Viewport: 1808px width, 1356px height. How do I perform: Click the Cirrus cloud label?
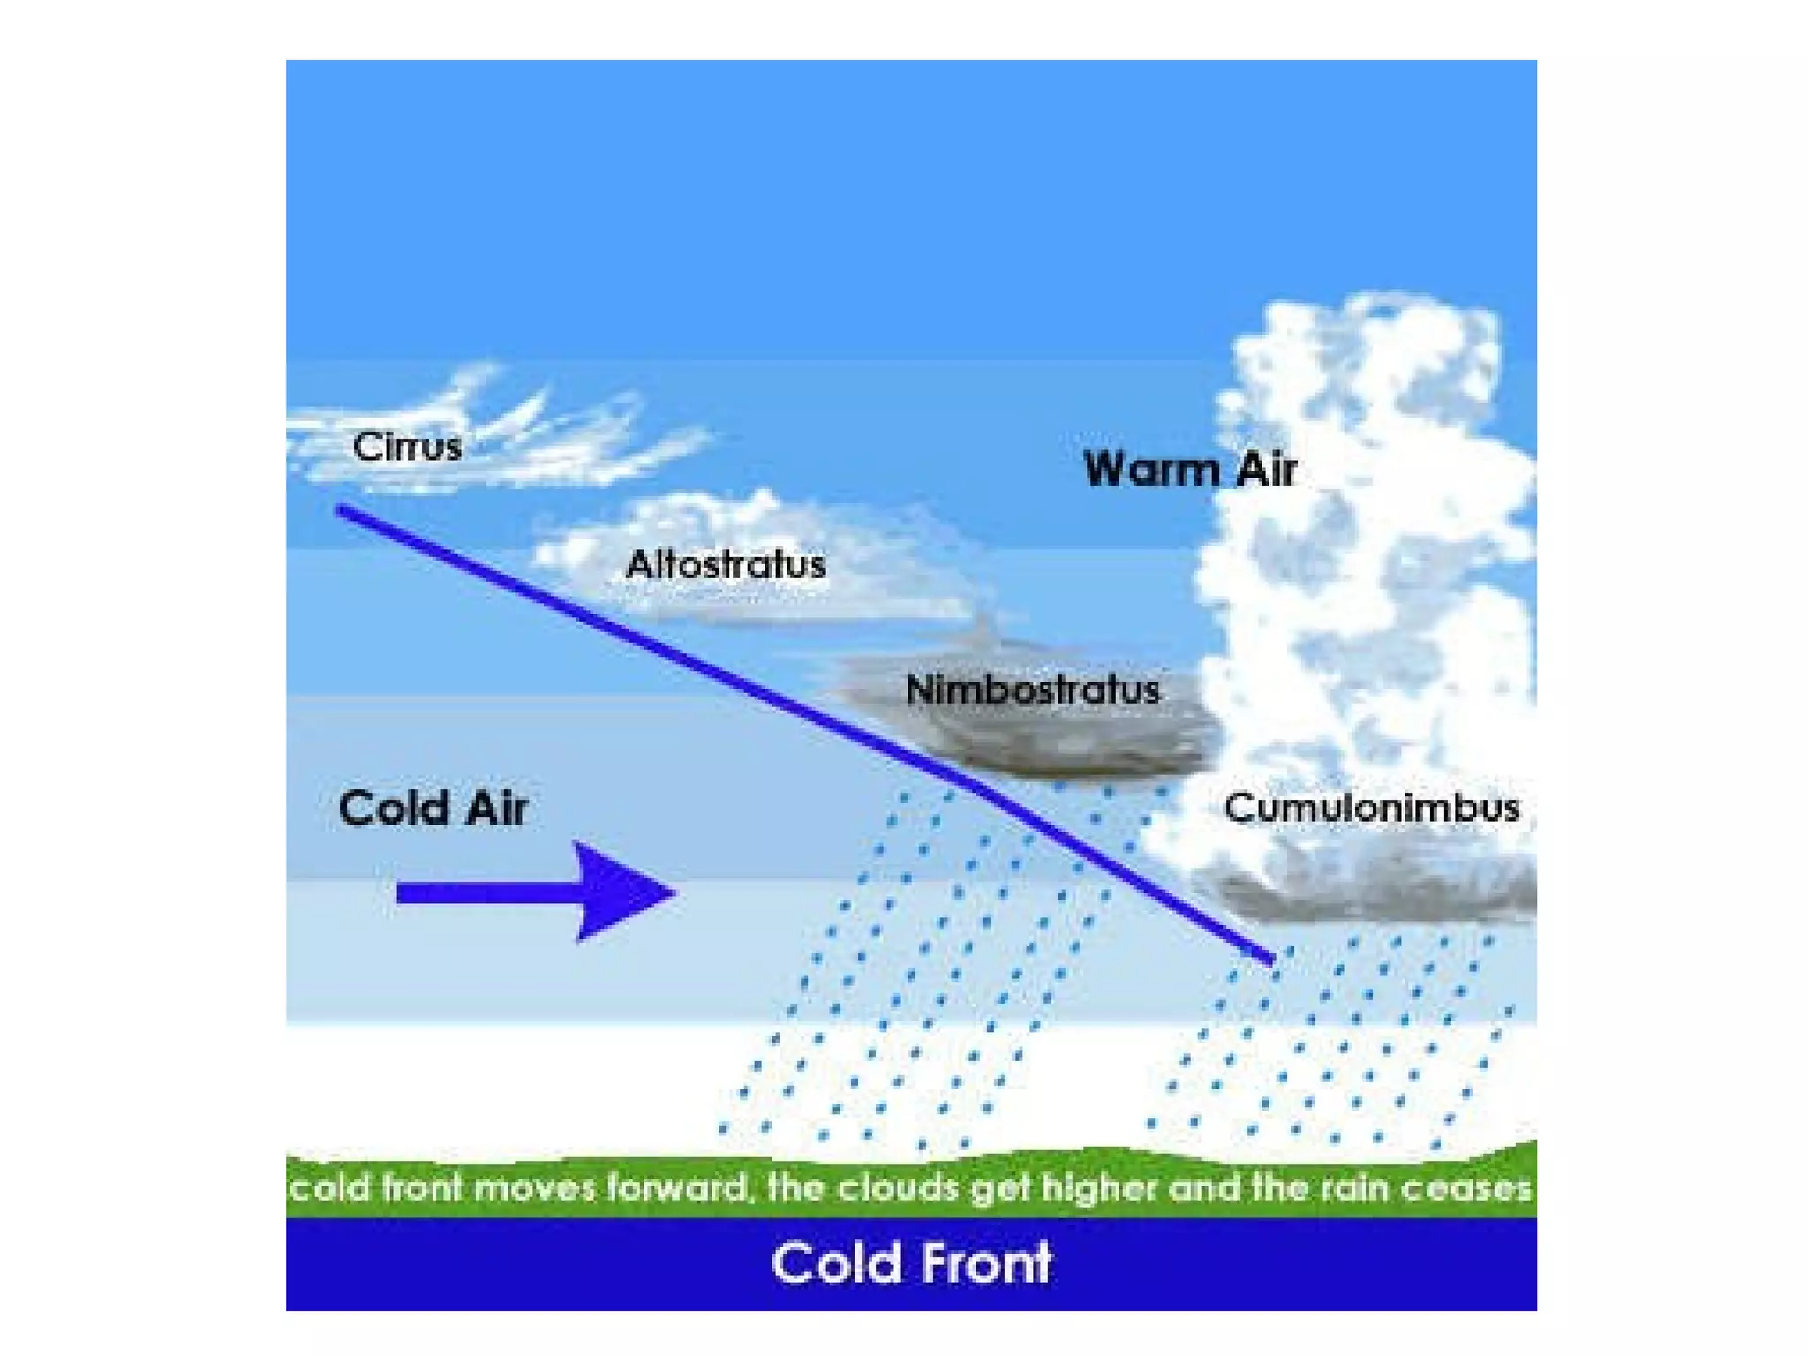pos(407,447)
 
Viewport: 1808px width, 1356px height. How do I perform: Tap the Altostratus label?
pos(726,565)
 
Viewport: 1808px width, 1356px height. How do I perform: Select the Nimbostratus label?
pos(1032,690)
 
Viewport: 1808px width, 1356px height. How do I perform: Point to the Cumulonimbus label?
pos(1371,809)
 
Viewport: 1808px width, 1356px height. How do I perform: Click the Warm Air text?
pos(1189,469)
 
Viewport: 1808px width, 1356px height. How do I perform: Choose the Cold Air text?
pos(433,809)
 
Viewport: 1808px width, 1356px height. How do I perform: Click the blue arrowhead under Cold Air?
pos(623,892)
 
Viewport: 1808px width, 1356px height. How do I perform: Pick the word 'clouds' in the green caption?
pos(895,1188)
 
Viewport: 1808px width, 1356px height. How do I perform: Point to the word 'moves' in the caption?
pos(534,1188)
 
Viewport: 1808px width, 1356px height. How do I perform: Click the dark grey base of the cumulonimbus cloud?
pos(1377,896)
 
